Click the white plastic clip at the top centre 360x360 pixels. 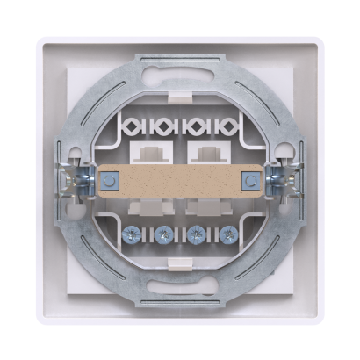180,90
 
